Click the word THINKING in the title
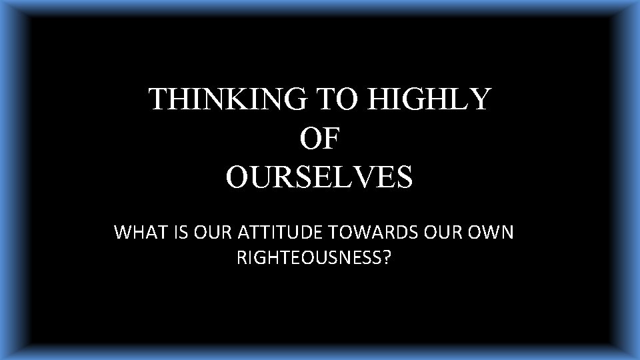point(227,100)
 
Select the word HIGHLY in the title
point(430,100)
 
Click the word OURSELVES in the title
point(319,177)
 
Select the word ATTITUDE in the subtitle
point(275,233)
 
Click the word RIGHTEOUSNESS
point(309,257)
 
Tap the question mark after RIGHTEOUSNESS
point(386,257)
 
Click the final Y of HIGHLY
point(480,100)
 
